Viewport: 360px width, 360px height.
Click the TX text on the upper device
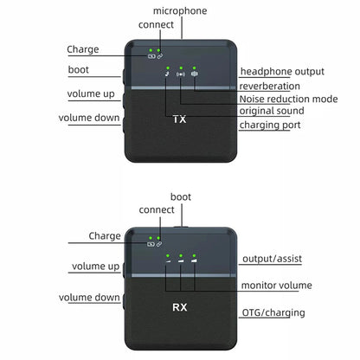pyautogui.click(x=179, y=119)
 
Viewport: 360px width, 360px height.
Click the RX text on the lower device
pyautogui.click(x=180, y=307)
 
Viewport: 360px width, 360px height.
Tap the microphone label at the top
pyautogui.click(x=180, y=11)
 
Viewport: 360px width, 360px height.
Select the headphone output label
pyautogui.click(x=282, y=72)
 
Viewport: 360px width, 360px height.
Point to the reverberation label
pyautogui.click(x=269, y=86)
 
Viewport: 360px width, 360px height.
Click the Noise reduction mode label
pyautogui.click(x=288, y=99)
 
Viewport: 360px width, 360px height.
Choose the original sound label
pyautogui.click(x=272, y=111)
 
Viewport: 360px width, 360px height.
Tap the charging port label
pyautogui.click(x=270, y=125)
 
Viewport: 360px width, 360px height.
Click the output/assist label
pyautogui.click(x=272, y=259)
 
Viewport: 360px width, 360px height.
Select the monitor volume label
pyautogui.click(x=277, y=286)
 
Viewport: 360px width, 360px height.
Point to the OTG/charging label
pyautogui.click(x=273, y=312)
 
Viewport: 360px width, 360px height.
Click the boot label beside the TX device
pyautogui.click(x=79, y=70)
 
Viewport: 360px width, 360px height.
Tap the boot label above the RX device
pyautogui.click(x=181, y=197)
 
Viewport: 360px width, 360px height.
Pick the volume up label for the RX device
pyautogui.click(x=96, y=267)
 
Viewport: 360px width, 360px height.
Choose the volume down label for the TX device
pyautogui.click(x=89, y=118)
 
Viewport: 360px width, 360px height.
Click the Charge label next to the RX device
pyautogui.click(x=105, y=236)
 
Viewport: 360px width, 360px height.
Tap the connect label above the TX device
pyautogui.click(x=156, y=25)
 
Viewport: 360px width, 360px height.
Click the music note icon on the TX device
pyautogui.click(x=167, y=74)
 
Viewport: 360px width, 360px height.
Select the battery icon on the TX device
pyautogui.click(x=151, y=56)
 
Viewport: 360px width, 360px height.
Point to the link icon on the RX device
pyautogui.click(x=159, y=244)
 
